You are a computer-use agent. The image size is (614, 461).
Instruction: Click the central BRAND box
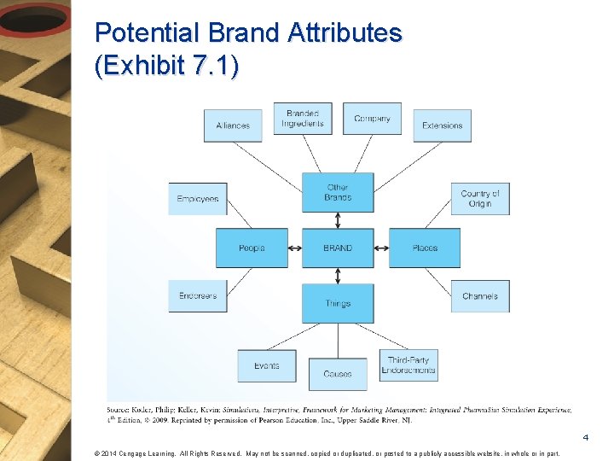[338, 248]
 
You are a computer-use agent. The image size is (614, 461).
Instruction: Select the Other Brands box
[338, 192]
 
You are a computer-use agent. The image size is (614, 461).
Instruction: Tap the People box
[252, 248]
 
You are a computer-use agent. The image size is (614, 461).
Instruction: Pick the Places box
[425, 248]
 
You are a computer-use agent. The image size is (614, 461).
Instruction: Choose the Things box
[338, 303]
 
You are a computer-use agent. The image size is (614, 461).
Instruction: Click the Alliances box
[233, 125]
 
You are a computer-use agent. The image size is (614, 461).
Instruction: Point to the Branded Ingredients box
[303, 119]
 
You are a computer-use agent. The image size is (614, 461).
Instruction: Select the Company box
[372, 119]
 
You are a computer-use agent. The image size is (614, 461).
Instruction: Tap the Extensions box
[442, 125]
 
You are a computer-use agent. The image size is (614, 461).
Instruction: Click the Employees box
[198, 199]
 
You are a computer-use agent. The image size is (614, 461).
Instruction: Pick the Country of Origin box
[480, 199]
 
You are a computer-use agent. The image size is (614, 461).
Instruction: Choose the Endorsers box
[198, 296]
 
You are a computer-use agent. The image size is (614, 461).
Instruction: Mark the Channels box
[480, 296]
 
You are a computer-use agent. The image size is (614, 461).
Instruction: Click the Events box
[267, 366]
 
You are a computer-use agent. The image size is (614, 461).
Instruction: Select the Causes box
[338, 373]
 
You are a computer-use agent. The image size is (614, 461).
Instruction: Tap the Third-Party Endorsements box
[409, 366]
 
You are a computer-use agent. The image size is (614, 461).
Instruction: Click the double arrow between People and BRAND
[295, 248]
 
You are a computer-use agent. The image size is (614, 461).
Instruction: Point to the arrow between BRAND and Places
[381, 248]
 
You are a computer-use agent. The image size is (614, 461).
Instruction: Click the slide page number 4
[586, 438]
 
